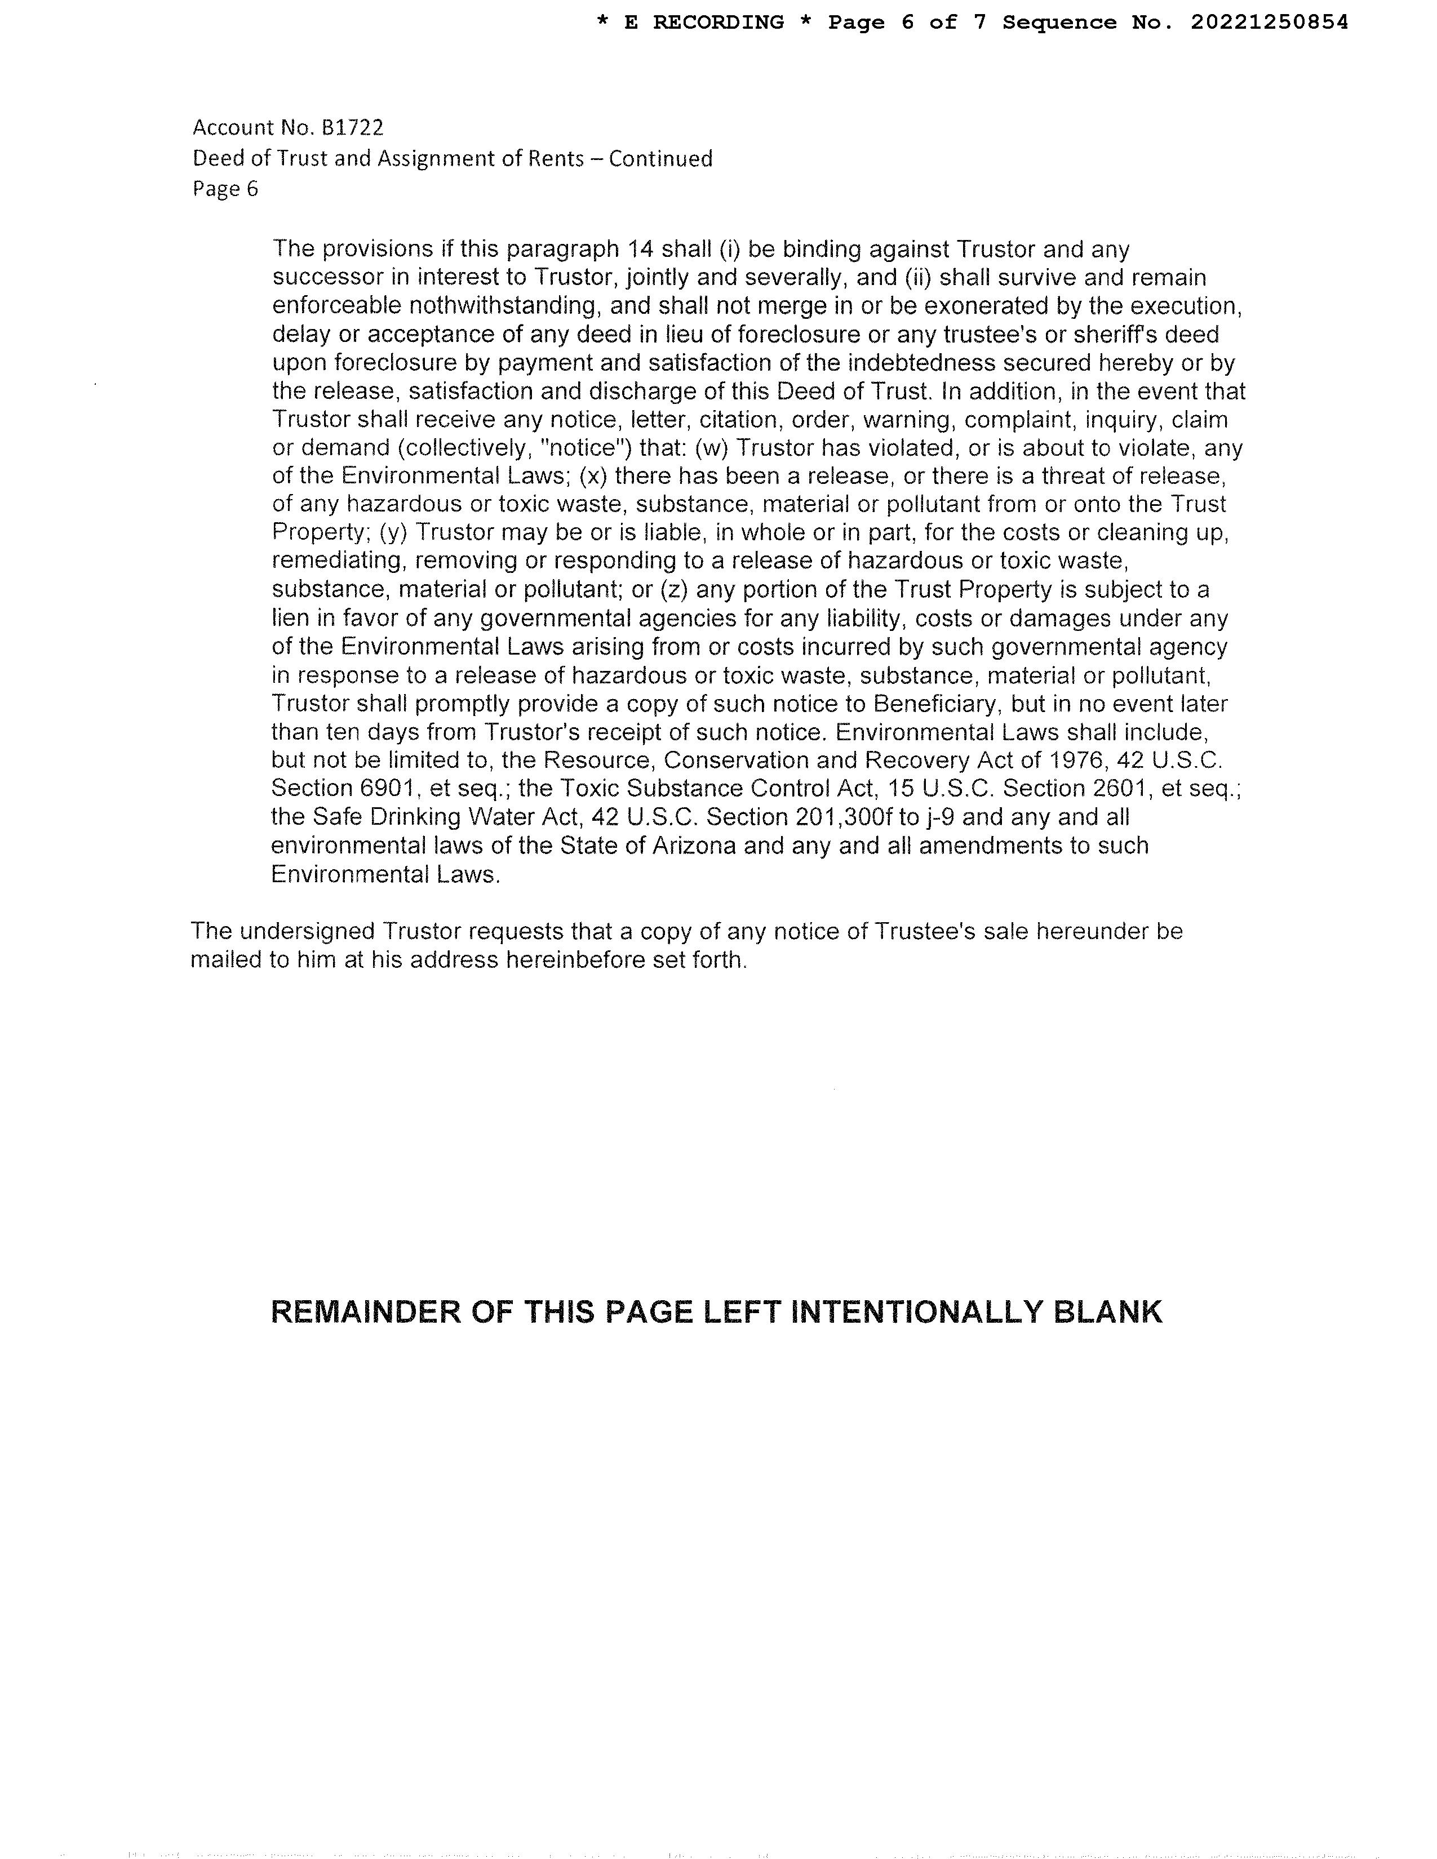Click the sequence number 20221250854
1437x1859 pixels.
(x=1269, y=23)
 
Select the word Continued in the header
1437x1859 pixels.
(x=660, y=158)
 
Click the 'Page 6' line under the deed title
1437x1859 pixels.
(x=225, y=188)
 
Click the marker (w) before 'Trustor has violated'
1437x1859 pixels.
(x=711, y=448)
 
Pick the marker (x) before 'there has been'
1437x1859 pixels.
(x=594, y=476)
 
